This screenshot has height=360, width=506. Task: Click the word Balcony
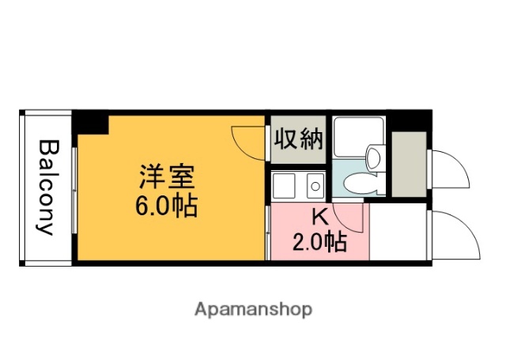47,188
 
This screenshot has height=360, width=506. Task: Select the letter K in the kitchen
319,216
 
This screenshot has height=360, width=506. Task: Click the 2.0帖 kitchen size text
319,241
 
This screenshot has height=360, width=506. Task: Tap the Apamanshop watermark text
253,309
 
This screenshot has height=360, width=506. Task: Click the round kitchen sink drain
315,187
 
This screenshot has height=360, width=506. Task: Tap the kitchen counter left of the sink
283,187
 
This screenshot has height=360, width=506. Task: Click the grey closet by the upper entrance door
409,163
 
